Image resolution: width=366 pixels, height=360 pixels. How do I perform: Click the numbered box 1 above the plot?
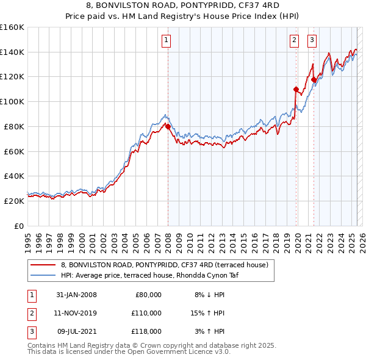click(167, 41)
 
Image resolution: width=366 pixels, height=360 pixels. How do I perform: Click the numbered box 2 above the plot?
click(294, 41)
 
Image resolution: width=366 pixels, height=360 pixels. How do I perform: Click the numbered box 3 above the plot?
click(312, 41)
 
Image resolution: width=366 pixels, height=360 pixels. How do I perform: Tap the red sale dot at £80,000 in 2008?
click(168, 126)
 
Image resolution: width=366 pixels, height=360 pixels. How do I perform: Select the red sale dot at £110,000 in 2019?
click(296, 89)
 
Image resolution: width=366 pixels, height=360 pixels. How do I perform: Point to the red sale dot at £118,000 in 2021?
click(314, 79)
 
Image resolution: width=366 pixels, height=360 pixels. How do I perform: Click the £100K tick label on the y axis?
click(12, 101)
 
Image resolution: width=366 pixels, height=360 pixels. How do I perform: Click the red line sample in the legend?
click(43, 264)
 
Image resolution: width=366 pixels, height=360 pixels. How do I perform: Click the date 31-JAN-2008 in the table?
click(76, 295)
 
